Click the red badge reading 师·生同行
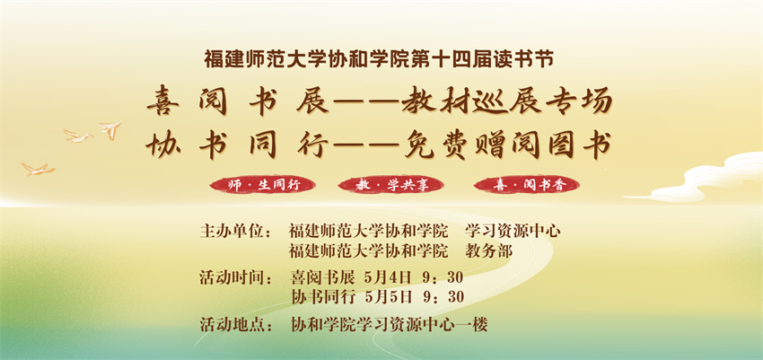point(262,185)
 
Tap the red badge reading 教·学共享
point(390,185)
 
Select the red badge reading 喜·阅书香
point(527,185)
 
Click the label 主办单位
point(234,231)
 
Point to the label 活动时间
point(234,278)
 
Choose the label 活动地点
point(234,324)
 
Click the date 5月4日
point(388,278)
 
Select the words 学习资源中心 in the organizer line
point(513,231)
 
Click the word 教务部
point(488,251)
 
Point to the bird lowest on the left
point(38,169)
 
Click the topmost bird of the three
point(110,129)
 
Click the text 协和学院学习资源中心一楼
point(389,324)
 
